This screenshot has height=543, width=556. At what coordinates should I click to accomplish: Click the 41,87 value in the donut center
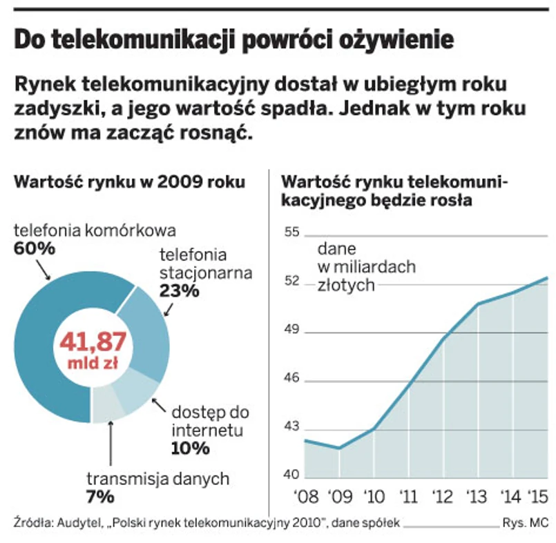pyautogui.click(x=92, y=342)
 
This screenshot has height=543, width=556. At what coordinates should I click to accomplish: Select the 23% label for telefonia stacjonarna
pyautogui.click(x=179, y=290)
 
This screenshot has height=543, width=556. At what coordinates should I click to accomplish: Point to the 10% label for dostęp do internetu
pyautogui.click(x=189, y=448)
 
